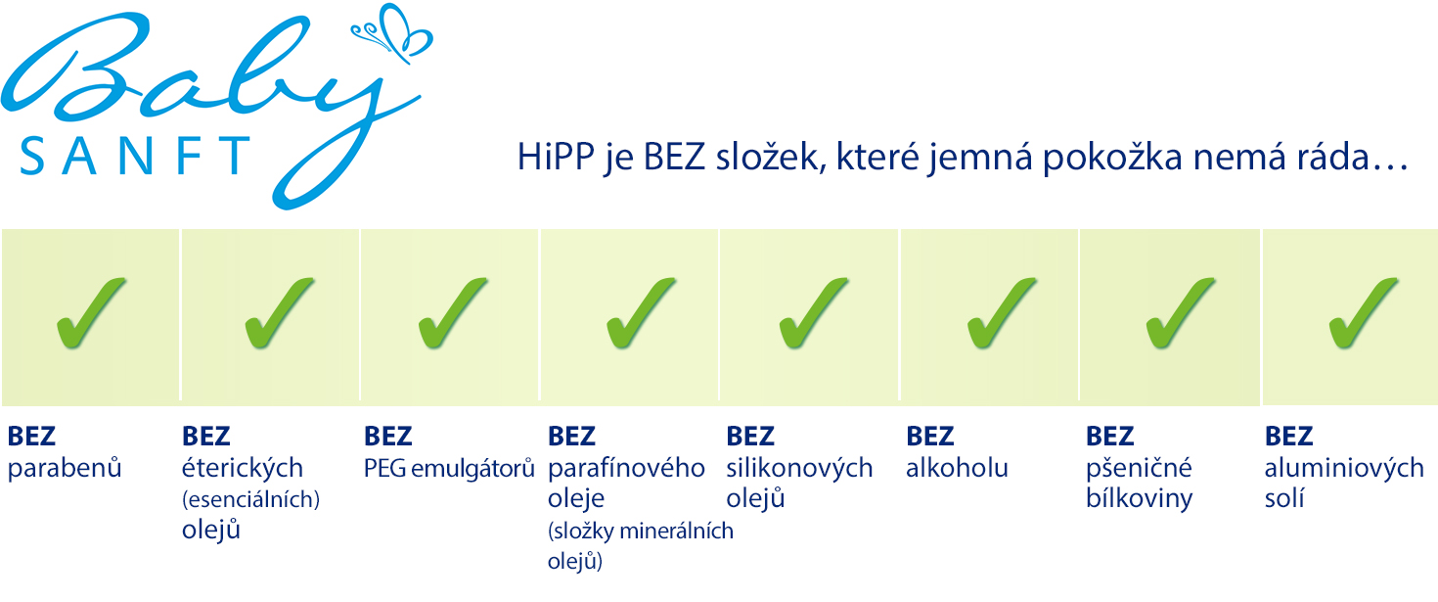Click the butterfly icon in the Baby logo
pyautogui.click(x=393, y=32)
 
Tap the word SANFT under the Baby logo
pyautogui.click(x=135, y=156)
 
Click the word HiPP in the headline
pyautogui.click(x=556, y=157)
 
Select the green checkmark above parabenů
pyautogui.click(x=91, y=313)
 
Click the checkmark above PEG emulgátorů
pyautogui.click(x=453, y=313)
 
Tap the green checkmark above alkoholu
pyautogui.click(x=1002, y=313)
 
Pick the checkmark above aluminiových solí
pyautogui.click(x=1364, y=313)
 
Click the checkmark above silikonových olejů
pyautogui.click(x=814, y=313)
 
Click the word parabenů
pyautogui.click(x=65, y=468)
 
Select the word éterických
pyautogui.click(x=242, y=468)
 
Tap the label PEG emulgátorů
pyautogui.click(x=449, y=469)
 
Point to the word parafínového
pyautogui.click(x=626, y=468)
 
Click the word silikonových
pyautogui.click(x=799, y=468)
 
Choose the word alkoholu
pyautogui.click(x=957, y=468)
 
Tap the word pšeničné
pyautogui.click(x=1139, y=468)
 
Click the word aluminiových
pyautogui.click(x=1344, y=468)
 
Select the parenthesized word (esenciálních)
pyautogui.click(x=251, y=500)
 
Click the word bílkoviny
pyautogui.click(x=1139, y=498)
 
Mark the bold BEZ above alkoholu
pyautogui.click(x=930, y=437)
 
